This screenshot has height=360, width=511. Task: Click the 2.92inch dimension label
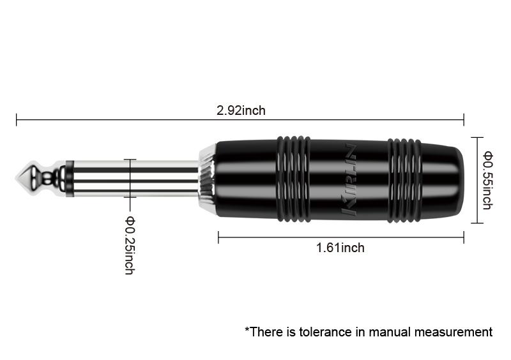click(241, 110)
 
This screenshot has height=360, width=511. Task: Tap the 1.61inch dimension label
click(340, 248)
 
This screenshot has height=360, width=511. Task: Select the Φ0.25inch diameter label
click(130, 245)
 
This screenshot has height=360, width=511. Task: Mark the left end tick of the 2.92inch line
click(17, 120)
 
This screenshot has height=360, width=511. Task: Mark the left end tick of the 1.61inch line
click(218, 237)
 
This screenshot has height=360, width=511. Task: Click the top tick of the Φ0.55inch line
click(477, 138)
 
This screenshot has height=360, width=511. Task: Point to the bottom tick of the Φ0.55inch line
click(477, 223)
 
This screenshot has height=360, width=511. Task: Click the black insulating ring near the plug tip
click(70, 179)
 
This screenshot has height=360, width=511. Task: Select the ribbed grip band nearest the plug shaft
click(293, 179)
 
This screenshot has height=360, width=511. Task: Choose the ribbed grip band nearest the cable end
click(404, 180)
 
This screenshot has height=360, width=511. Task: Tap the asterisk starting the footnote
click(247, 329)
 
